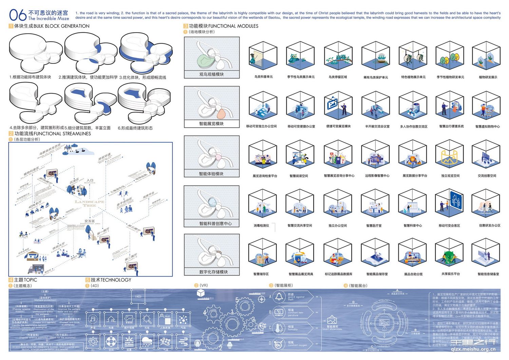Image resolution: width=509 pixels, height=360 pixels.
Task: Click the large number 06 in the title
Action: [x=18, y=15]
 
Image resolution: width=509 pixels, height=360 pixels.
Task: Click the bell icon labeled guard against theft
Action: [x=279, y=297]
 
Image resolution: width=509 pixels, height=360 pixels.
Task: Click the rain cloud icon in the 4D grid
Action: [x=147, y=341]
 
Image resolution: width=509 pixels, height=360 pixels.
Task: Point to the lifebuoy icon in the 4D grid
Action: [x=111, y=341]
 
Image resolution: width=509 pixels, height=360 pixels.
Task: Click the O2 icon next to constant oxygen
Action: [x=279, y=344]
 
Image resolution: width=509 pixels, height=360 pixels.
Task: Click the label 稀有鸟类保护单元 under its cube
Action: [x=376, y=77]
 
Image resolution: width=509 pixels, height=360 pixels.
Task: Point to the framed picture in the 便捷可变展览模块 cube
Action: [x=332, y=102]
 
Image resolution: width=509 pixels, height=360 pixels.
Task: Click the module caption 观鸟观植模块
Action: [x=211, y=74]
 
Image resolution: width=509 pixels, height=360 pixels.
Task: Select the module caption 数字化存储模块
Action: [x=213, y=272]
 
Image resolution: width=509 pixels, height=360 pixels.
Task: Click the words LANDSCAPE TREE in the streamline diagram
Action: [x=90, y=203]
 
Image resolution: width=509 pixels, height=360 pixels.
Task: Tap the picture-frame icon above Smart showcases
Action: [x=332, y=320]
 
